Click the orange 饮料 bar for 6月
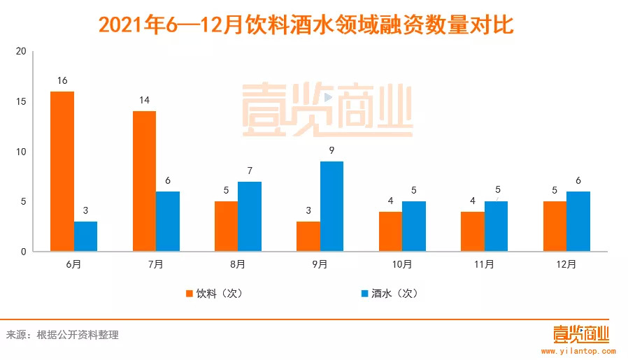(x=62, y=171)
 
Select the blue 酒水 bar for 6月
(x=86, y=236)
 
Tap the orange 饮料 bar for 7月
(x=144, y=181)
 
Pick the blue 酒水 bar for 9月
(x=331, y=206)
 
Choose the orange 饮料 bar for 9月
(x=308, y=236)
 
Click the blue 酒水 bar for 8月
(x=250, y=217)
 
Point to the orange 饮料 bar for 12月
(x=554, y=226)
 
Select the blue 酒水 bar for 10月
(x=413, y=226)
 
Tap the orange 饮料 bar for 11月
(x=472, y=231)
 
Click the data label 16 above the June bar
(x=62, y=81)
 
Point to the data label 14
(x=144, y=101)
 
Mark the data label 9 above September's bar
(x=331, y=151)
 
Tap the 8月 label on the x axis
(x=238, y=265)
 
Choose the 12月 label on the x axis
(x=566, y=265)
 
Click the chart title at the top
(x=306, y=26)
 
